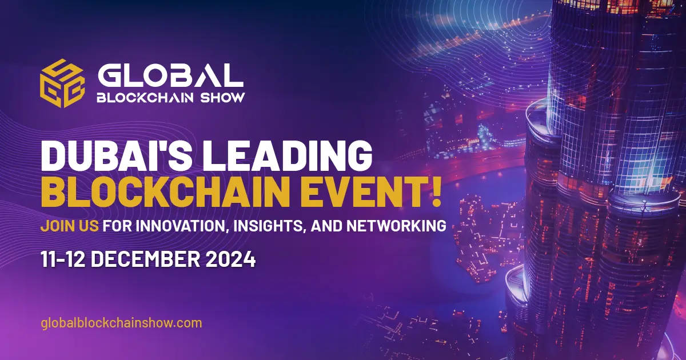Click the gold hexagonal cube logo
pyautogui.click(x=62, y=83)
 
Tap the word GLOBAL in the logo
pyautogui.click(x=170, y=75)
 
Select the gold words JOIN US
pyautogui.click(x=69, y=226)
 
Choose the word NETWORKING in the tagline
pyautogui.click(x=396, y=226)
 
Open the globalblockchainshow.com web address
pyautogui.click(x=121, y=323)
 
